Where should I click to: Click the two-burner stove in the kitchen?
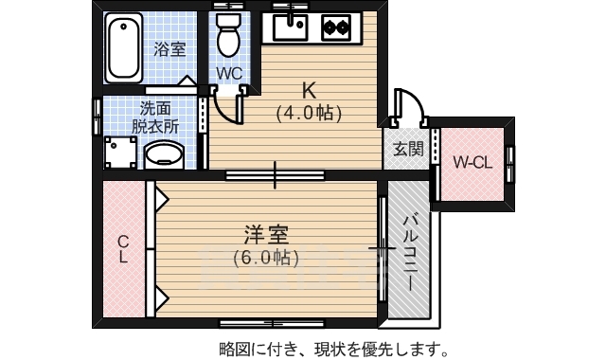pos(334,27)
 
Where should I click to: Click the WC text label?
pos(229,73)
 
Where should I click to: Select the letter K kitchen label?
pos(309,91)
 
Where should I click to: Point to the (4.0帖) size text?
pos(309,113)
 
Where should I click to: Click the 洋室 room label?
pos(266,234)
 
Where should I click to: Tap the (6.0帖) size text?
pos(266,256)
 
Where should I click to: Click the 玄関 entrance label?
pos(408,149)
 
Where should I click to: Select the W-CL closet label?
pos(471,162)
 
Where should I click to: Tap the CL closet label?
pos(123,249)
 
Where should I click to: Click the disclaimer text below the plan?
pos(333,347)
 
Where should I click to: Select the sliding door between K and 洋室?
pos(276,175)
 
